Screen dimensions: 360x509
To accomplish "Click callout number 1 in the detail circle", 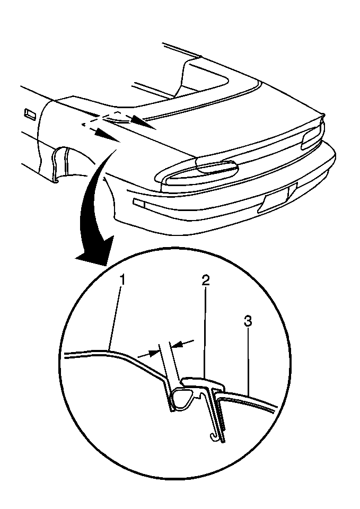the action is pos(122,280).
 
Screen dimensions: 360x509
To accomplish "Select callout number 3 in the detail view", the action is pos(248,322).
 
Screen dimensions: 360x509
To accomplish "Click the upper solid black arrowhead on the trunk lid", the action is pos(144,122).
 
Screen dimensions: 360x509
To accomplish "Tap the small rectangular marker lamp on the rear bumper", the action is pos(138,203).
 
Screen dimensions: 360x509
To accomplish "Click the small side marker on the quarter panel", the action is pos(30,115).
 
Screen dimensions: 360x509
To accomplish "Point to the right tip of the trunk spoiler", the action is pos(324,115).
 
